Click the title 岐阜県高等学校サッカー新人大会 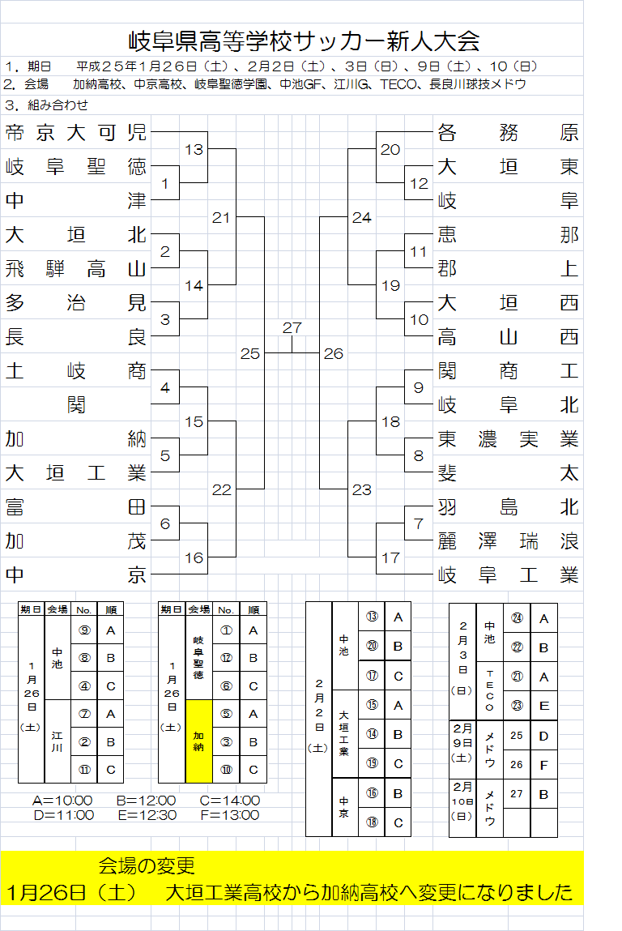[x=305, y=40]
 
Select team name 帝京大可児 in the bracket [x=76, y=134]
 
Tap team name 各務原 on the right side [x=508, y=133]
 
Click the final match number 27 [x=292, y=327]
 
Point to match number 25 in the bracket [x=250, y=354]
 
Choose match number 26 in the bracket [x=333, y=354]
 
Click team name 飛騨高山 [x=76, y=269]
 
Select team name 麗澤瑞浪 [x=508, y=541]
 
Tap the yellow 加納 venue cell [x=198, y=741]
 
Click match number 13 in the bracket [x=194, y=150]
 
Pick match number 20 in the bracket [x=390, y=150]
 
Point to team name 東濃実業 [x=508, y=439]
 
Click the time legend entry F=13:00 [x=230, y=815]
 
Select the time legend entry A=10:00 [x=62, y=801]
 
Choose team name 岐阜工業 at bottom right [x=508, y=575]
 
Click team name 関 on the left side [x=77, y=405]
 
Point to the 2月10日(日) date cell [x=462, y=801]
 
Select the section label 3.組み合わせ [x=46, y=105]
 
